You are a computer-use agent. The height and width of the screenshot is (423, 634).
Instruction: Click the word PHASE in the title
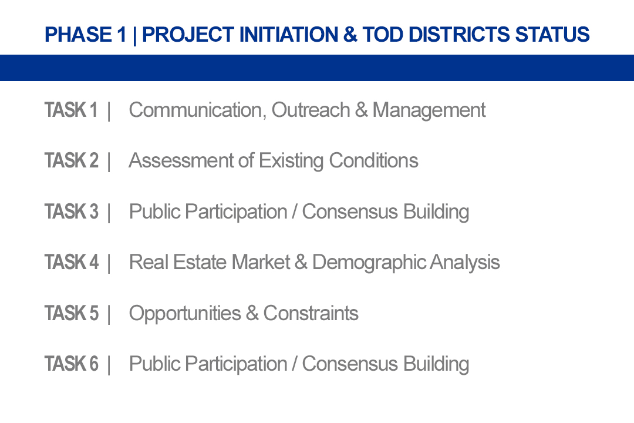78,35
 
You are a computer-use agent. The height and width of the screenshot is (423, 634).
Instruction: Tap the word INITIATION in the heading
288,35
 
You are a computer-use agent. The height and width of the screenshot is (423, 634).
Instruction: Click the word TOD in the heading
383,35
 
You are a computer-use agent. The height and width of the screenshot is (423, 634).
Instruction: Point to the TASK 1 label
71,110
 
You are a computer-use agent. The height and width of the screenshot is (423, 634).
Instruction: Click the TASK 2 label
72,161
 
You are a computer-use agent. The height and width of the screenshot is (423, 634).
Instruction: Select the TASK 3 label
72,211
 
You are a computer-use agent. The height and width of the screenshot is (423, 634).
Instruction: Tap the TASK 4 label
72,262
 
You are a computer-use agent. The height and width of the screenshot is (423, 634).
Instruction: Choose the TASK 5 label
72,313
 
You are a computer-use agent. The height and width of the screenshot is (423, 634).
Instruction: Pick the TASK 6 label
72,364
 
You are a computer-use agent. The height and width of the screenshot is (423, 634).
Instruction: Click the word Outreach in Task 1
311,110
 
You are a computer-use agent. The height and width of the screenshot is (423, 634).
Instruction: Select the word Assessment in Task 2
181,161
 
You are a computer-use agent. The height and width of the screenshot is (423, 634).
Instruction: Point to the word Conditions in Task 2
373,161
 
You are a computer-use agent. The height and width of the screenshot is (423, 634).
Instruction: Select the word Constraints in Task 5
311,313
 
